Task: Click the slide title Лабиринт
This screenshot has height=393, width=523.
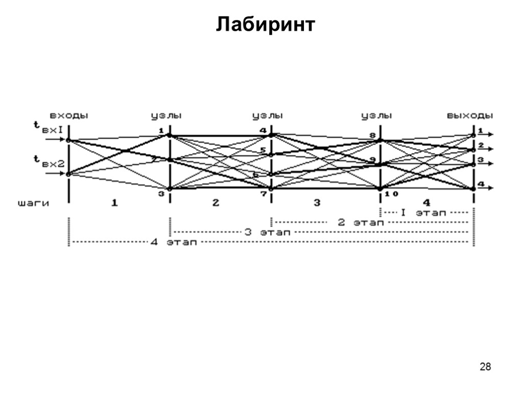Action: (x=266, y=24)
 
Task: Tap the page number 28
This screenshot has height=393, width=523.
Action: (x=485, y=366)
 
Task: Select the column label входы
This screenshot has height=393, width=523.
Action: (x=69, y=116)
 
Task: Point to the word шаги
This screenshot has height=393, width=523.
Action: (x=34, y=203)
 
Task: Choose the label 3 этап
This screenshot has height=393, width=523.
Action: (x=268, y=232)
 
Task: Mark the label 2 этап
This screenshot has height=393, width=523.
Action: (x=360, y=222)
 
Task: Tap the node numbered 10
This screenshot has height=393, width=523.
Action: (x=381, y=189)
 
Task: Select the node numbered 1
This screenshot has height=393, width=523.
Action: (x=170, y=136)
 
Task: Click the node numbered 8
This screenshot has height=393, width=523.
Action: (x=379, y=140)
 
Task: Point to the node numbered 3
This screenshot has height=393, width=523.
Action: (x=170, y=189)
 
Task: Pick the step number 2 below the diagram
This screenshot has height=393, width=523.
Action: (x=216, y=203)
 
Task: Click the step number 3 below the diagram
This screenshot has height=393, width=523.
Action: (x=317, y=203)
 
